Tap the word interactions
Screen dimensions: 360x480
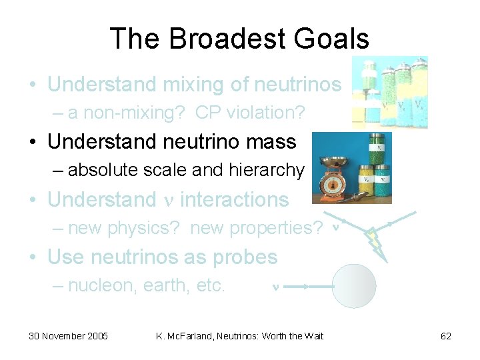pyautogui.click(x=235, y=199)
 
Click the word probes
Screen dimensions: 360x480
pyautogui.click(x=245, y=257)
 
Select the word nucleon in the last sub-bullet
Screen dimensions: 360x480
pyautogui.click(x=95, y=286)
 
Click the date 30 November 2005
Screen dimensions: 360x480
pyautogui.click(x=68, y=336)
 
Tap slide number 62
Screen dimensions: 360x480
pyautogui.click(x=446, y=336)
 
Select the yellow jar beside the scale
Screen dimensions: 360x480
pyautogui.click(x=366, y=183)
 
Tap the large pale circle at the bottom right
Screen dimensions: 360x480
pyautogui.click(x=354, y=286)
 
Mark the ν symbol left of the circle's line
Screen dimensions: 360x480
pyautogui.click(x=275, y=287)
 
